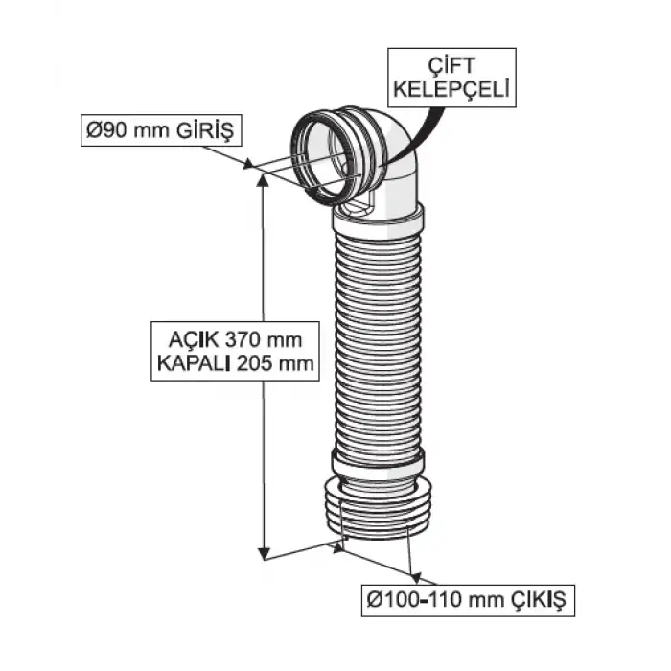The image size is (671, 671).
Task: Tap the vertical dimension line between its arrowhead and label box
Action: point(261,249)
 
